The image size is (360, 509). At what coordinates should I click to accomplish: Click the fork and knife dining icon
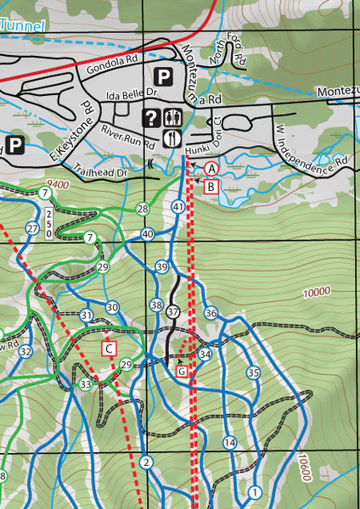click(x=172, y=137)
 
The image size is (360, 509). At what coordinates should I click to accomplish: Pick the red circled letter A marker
click(x=210, y=169)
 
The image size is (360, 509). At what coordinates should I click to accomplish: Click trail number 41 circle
click(x=178, y=207)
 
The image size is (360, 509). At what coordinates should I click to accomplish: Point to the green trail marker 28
click(x=142, y=209)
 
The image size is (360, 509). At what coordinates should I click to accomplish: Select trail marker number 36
click(x=211, y=314)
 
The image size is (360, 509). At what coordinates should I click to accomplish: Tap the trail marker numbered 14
click(x=229, y=443)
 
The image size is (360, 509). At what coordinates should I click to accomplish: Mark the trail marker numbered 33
click(x=85, y=385)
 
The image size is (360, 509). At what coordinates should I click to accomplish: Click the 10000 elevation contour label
click(x=315, y=292)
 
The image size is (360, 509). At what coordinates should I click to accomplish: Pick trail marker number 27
click(x=32, y=228)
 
